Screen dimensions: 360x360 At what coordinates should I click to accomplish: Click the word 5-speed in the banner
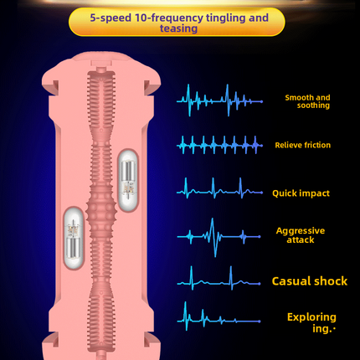pyautogui.click(x=111, y=18)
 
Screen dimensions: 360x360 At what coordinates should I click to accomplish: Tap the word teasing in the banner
pyautogui.click(x=179, y=28)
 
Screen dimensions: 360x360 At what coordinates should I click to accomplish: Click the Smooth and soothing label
pyautogui.click(x=307, y=101)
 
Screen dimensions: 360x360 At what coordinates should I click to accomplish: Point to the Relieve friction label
pyautogui.click(x=303, y=145)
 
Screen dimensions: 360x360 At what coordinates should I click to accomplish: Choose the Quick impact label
pyautogui.click(x=301, y=193)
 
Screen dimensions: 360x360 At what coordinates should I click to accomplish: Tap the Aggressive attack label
pyautogui.click(x=301, y=235)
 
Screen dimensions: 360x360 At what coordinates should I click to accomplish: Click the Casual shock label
pyautogui.click(x=310, y=281)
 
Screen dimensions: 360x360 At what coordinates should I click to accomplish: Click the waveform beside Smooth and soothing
pyautogui.click(x=219, y=100)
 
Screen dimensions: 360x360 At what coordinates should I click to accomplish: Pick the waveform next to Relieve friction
pyautogui.click(x=219, y=145)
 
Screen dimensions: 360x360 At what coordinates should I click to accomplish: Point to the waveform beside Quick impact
pyautogui.click(x=219, y=189)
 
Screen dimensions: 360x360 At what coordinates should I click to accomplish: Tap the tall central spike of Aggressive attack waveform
pyautogui.click(x=213, y=237)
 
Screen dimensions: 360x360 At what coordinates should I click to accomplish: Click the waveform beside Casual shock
pyautogui.click(x=219, y=279)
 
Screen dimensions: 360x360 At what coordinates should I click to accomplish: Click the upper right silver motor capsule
pyautogui.click(x=128, y=180)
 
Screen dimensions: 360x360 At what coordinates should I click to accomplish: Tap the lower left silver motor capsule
pyautogui.click(x=74, y=238)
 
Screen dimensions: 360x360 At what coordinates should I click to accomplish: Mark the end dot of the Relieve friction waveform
pyautogui.click(x=261, y=145)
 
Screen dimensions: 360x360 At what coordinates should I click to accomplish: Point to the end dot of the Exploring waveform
pyautogui.click(x=260, y=321)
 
